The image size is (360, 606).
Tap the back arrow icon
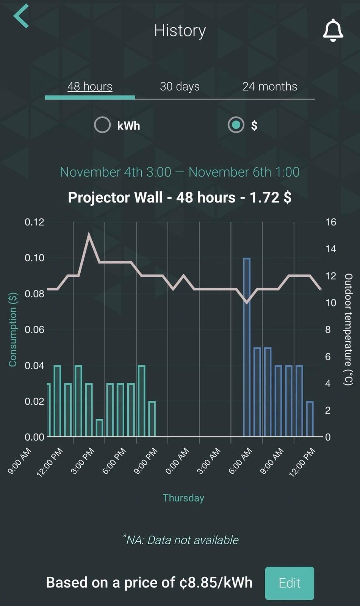[x=21, y=16]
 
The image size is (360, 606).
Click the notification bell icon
[x=333, y=30]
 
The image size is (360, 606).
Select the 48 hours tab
[x=90, y=87]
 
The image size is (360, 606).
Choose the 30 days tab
[x=180, y=87]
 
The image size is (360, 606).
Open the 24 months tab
[x=269, y=87]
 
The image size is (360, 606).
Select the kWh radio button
[x=102, y=125]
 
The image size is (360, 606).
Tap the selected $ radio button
[x=236, y=125]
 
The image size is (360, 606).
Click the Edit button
[x=290, y=583]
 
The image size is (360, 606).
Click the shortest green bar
[x=99, y=428]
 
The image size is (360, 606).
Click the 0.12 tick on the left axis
[x=34, y=222]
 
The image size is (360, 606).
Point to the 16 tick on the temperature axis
[x=330, y=222]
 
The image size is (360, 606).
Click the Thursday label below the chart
[x=183, y=498]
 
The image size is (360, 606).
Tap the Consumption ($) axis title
[x=13, y=330]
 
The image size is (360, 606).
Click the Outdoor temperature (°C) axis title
[x=348, y=330]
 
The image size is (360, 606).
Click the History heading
[x=180, y=31]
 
